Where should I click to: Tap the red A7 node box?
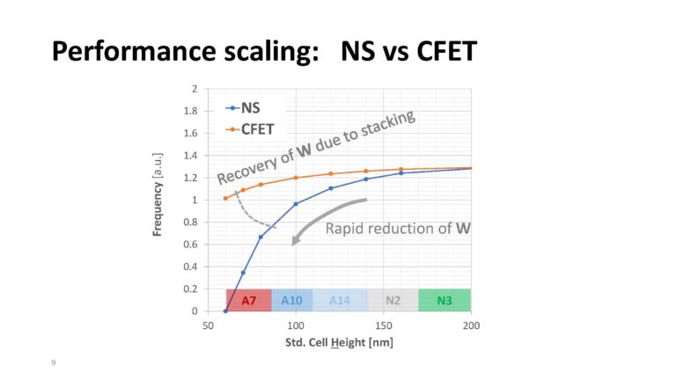click(x=248, y=300)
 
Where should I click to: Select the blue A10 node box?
click(x=291, y=300)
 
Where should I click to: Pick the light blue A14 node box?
click(x=340, y=300)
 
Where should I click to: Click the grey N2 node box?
click(x=393, y=300)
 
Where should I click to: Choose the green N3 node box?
click(x=445, y=300)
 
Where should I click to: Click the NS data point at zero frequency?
click(x=225, y=311)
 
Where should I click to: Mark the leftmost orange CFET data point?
click(x=225, y=198)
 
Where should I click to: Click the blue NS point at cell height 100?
click(x=296, y=204)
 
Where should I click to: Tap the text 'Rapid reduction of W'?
click(x=398, y=229)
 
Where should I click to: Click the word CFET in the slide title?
click(x=432, y=51)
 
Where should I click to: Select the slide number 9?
click(x=53, y=362)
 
